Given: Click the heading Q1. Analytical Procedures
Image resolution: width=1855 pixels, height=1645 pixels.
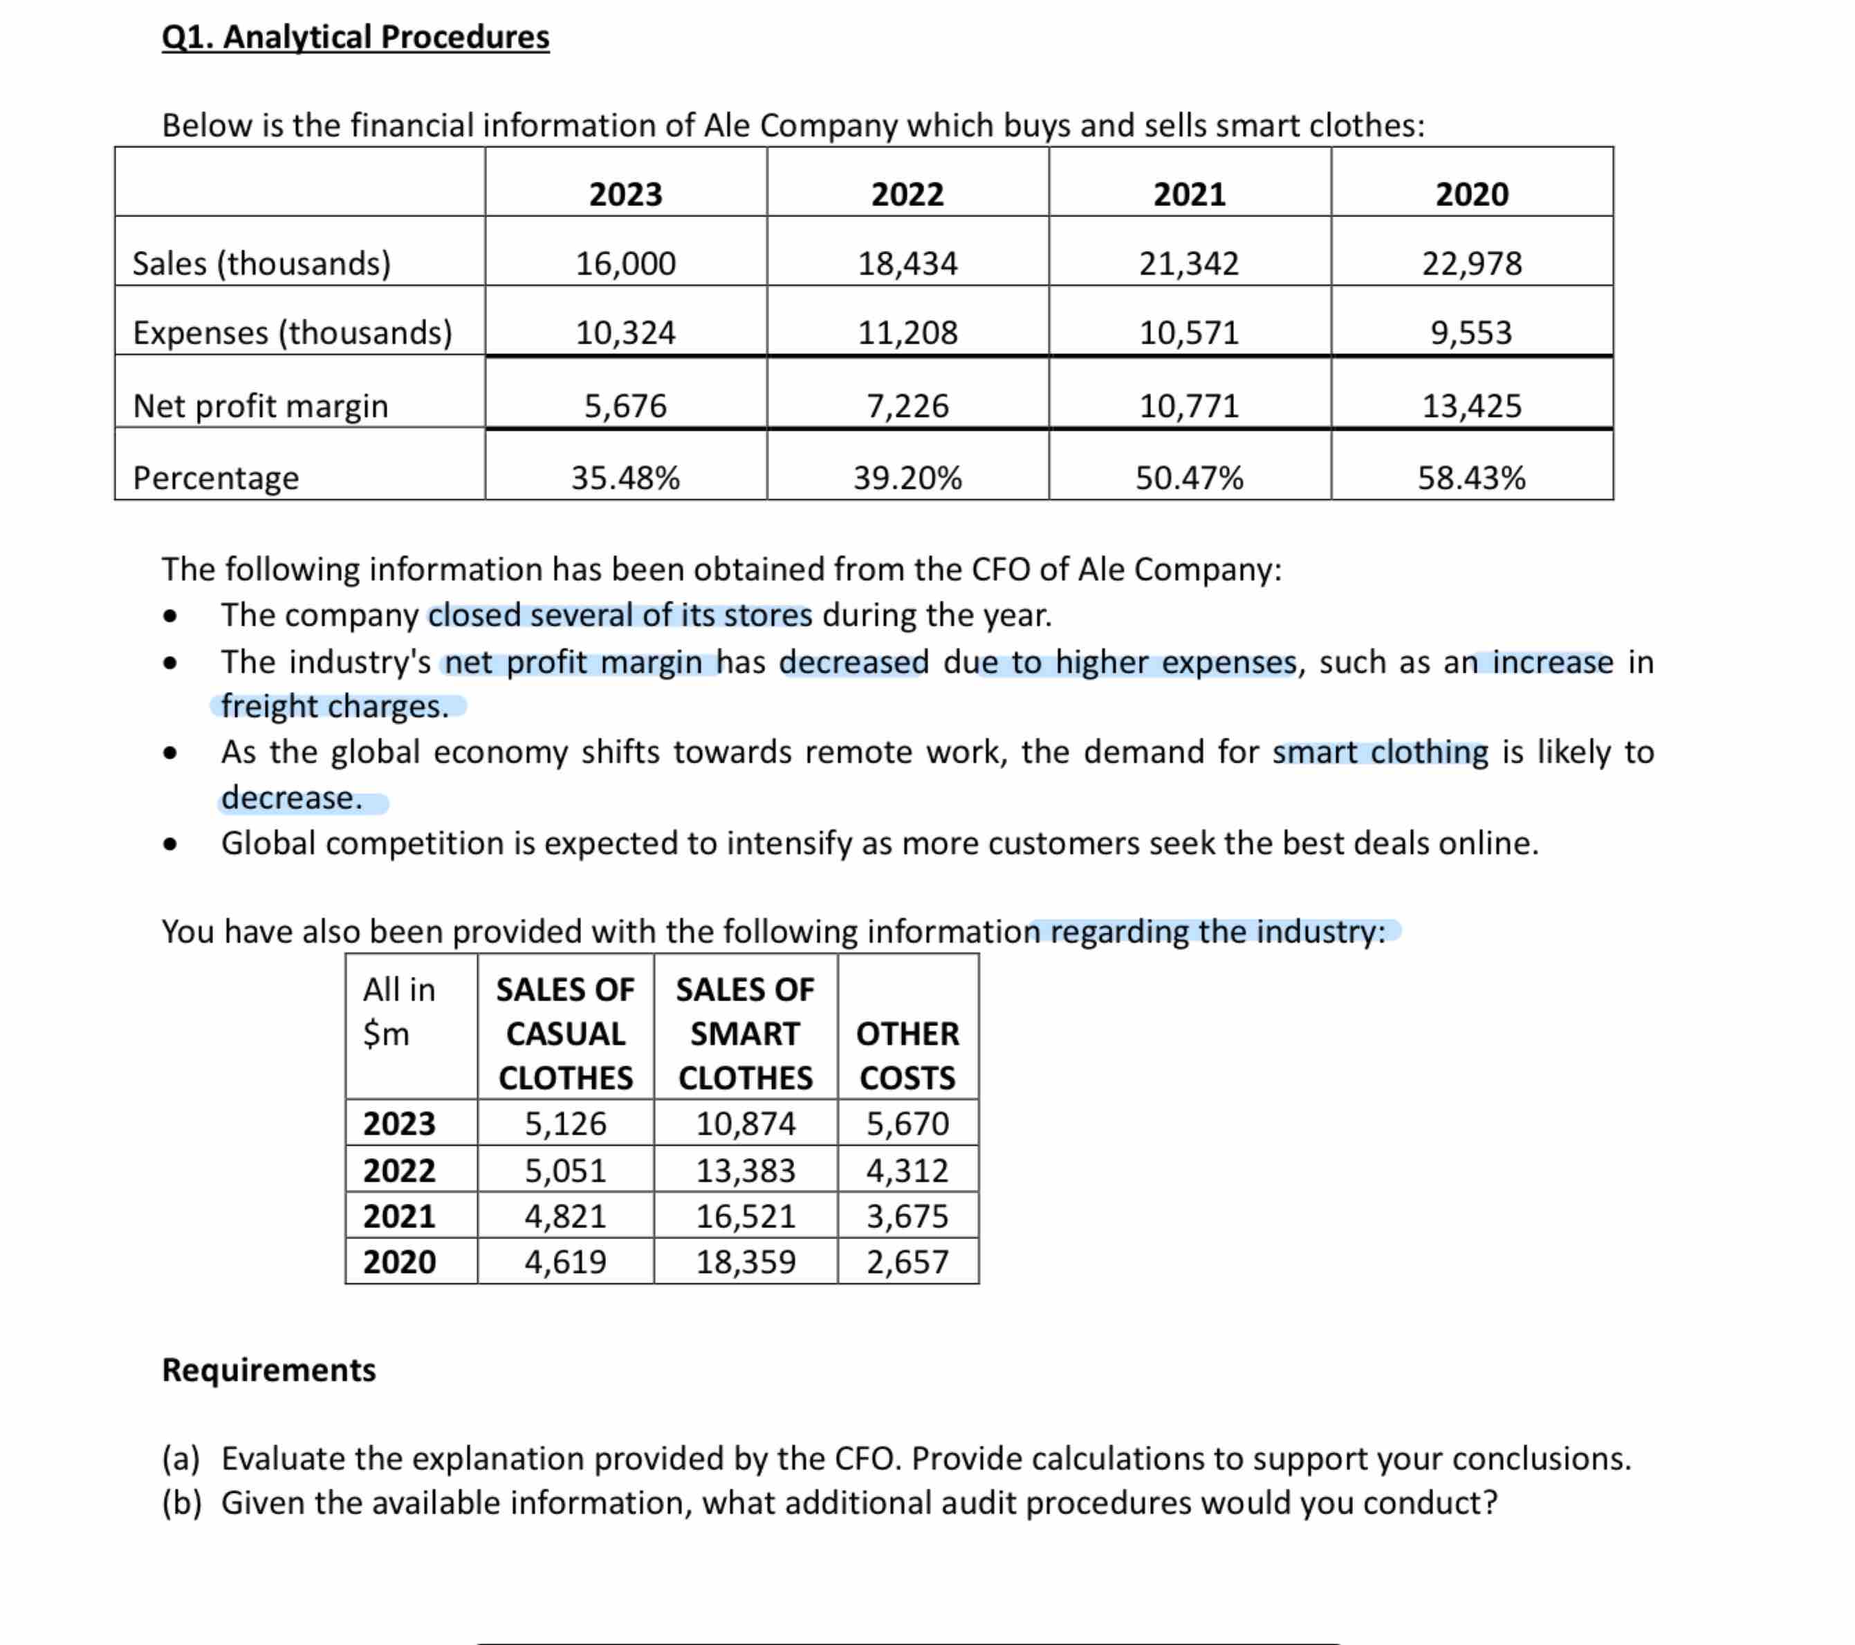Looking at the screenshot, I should (x=355, y=37).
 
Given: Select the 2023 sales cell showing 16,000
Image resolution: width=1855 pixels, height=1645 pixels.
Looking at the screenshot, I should (x=625, y=263).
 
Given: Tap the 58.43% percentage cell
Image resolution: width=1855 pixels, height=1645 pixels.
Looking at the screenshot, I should (x=1471, y=477).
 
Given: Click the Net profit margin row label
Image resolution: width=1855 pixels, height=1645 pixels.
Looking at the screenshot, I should (x=261, y=406).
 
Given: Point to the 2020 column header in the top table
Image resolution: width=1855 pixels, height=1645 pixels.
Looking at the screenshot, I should (x=1471, y=194).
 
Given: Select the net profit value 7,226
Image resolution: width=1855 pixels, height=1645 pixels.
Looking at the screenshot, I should (x=907, y=406).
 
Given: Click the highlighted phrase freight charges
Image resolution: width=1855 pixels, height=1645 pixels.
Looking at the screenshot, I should (x=335, y=706).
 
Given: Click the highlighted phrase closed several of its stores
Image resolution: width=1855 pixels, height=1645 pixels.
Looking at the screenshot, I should (x=620, y=615).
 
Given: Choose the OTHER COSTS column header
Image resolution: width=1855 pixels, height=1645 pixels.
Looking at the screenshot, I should (x=907, y=1054).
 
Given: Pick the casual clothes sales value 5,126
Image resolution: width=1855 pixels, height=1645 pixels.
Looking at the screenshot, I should (x=564, y=1123).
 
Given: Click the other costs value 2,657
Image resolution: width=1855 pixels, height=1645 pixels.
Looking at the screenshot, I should (x=907, y=1261).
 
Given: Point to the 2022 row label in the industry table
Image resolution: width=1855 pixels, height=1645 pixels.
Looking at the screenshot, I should (x=399, y=1171).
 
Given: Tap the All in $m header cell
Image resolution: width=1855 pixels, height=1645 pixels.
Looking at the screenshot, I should (x=399, y=1011).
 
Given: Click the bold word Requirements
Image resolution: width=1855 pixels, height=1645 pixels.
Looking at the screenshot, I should (x=268, y=1369).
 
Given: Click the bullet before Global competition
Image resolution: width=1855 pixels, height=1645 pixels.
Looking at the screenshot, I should (x=169, y=845).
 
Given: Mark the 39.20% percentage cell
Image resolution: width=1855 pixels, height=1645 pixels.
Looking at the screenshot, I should (x=907, y=477).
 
